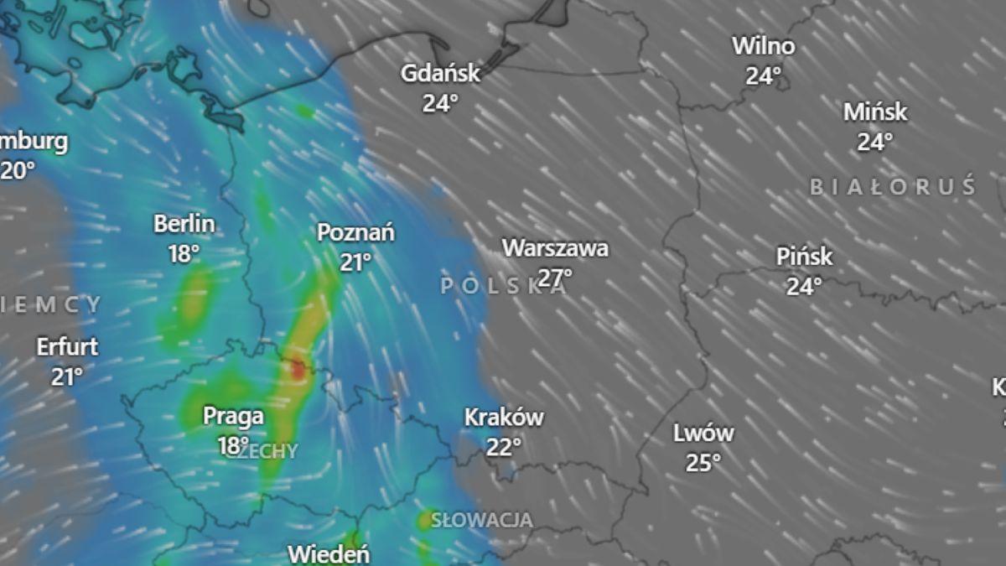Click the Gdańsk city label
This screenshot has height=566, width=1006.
click(x=440, y=74)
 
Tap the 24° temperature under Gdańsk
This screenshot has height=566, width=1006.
click(x=440, y=103)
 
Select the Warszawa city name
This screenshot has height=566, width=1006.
click(x=555, y=248)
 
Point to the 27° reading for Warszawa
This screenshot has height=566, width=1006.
click(x=555, y=277)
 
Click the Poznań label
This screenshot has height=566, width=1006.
click(x=355, y=233)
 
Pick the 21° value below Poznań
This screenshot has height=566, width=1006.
click(x=355, y=262)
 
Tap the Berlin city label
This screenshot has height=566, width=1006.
click(x=184, y=224)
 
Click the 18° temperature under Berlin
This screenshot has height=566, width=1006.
click(x=184, y=253)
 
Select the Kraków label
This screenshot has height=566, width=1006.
click(x=504, y=417)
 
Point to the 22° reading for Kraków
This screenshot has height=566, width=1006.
click(x=504, y=447)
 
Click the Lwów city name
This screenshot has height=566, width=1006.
click(x=703, y=434)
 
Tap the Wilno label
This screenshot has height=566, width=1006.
click(x=763, y=45)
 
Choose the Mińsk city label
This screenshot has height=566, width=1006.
click(x=875, y=112)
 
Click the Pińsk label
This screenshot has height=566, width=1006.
click(x=804, y=257)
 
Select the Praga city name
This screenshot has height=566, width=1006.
click(x=233, y=416)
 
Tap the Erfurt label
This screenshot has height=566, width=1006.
click(x=67, y=346)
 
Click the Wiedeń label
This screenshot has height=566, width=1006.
click(x=329, y=554)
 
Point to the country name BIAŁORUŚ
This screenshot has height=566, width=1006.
click(x=893, y=186)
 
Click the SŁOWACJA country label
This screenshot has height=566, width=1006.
click(x=481, y=520)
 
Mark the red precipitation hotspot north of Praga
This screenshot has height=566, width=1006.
click(x=297, y=369)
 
